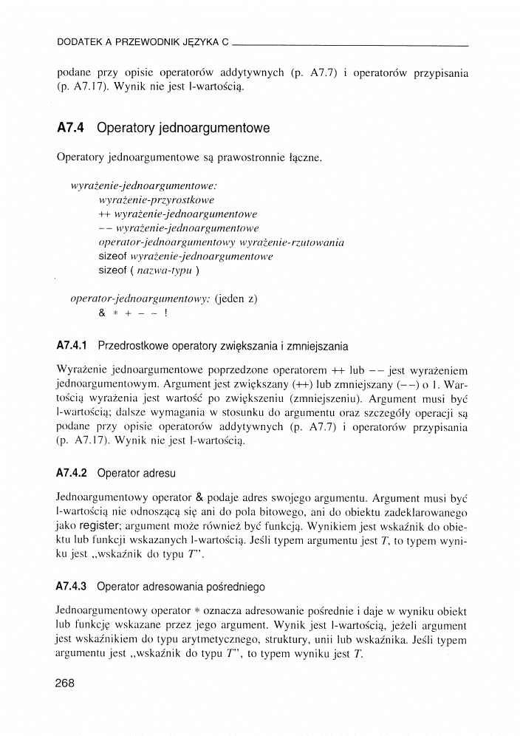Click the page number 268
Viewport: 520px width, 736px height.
click(66, 683)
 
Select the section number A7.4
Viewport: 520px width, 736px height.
click(72, 129)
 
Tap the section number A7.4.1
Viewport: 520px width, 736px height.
click(72, 345)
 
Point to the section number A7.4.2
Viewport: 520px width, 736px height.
click(72, 472)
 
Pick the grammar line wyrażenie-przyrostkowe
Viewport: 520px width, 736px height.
click(156, 200)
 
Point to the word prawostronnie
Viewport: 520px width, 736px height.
click(242, 158)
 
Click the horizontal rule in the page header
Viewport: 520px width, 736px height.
click(355, 45)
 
